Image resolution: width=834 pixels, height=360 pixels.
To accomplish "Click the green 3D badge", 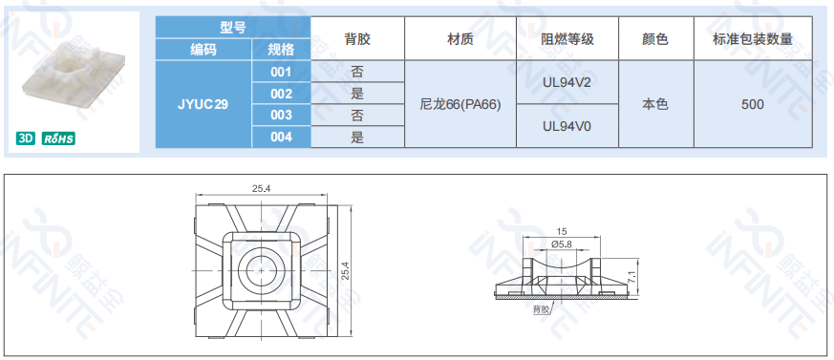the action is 26,138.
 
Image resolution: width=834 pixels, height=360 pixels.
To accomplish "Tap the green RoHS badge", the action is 58,138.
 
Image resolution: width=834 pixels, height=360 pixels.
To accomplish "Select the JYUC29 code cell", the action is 203,104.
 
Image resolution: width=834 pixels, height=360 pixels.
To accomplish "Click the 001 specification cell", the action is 281,72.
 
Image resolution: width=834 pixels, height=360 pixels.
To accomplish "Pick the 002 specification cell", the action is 281,94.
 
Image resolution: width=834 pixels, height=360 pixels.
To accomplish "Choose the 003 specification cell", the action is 281,116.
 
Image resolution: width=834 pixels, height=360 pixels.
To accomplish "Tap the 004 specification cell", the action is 281,138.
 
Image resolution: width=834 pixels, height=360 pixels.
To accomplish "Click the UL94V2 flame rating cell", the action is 567,82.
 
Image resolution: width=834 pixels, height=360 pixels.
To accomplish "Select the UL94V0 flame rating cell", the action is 567,126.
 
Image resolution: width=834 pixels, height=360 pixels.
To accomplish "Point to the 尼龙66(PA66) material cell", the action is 460,104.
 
